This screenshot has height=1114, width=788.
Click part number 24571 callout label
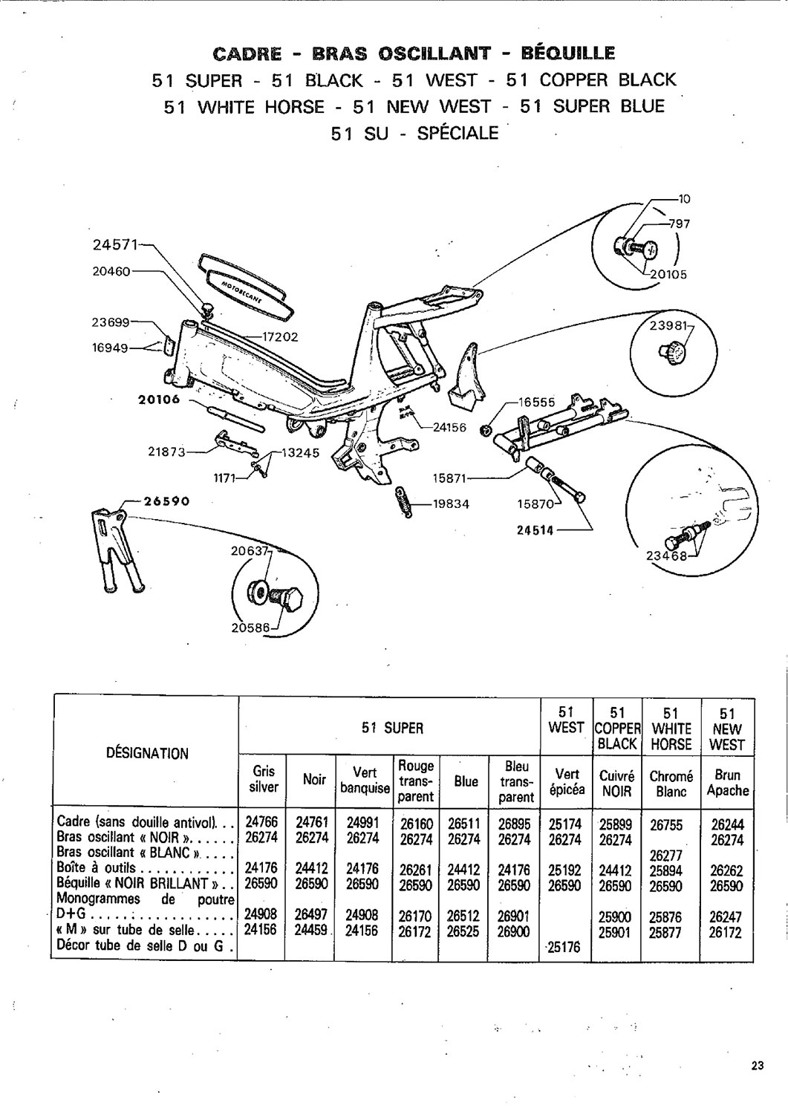(116, 245)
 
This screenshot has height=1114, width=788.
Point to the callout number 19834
(451, 504)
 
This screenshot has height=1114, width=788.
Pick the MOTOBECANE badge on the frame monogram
(248, 293)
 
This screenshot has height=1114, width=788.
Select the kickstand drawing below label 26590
(118, 549)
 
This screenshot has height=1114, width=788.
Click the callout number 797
(679, 224)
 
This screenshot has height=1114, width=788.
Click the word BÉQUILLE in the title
(568, 53)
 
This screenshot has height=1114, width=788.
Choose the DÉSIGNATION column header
(147, 754)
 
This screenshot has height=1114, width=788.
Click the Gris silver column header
(264, 779)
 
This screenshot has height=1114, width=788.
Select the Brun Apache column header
(728, 782)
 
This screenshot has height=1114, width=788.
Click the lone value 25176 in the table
(564, 945)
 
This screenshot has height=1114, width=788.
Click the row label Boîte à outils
(97, 868)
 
